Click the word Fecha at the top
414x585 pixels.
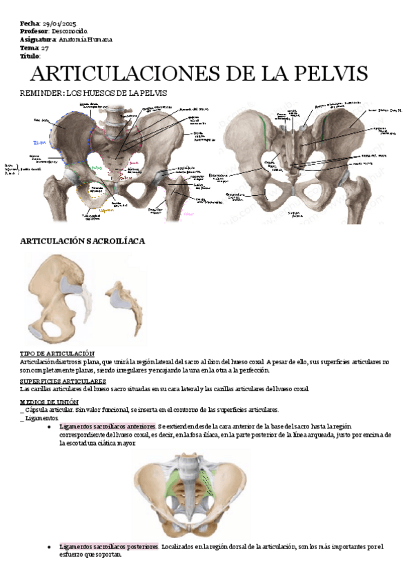pos(30,23)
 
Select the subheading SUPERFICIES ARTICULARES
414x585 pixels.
pos(63,381)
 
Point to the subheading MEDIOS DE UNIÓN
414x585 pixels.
pos(50,401)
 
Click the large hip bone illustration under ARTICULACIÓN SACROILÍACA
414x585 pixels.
pos(59,293)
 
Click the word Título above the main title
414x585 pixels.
pos(30,57)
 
